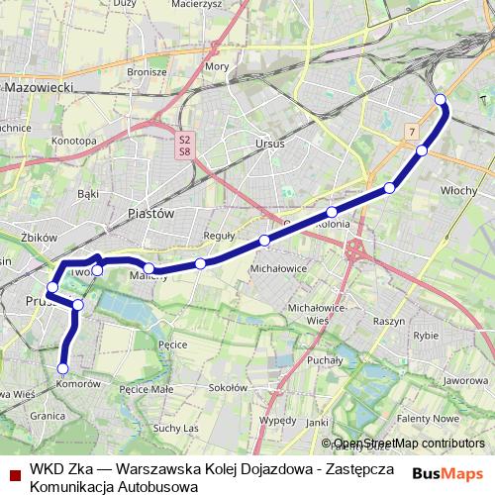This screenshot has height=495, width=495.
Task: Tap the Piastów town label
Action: coord(151,213)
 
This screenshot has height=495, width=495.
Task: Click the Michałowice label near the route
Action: coord(275,268)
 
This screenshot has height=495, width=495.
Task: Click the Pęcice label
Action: coord(172,344)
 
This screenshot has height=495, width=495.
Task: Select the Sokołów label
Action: coord(229,387)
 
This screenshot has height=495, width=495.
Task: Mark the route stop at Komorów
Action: coord(63,368)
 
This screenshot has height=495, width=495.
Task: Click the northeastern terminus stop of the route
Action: coord(441,99)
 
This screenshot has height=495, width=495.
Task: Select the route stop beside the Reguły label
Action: coord(201,262)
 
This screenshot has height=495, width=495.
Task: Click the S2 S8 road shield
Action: coord(184,146)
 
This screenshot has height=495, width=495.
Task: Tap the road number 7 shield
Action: coord(411,132)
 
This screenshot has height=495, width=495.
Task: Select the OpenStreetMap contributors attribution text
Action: coord(409,444)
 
